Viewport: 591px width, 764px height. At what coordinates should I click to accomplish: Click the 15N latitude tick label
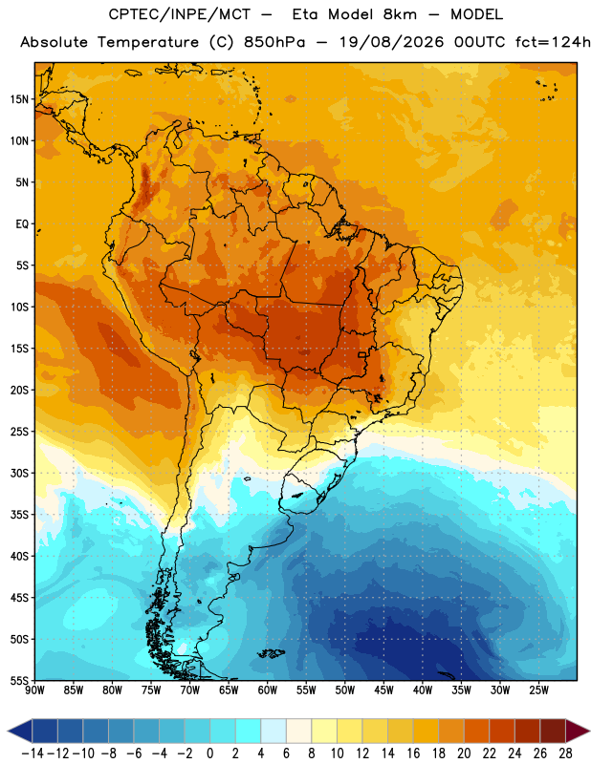coord(19,99)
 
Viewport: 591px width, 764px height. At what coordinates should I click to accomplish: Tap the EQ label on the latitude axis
coord(22,224)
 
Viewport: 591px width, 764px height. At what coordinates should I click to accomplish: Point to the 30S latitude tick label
coord(19,473)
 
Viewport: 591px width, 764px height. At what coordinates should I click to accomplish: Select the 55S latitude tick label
coord(19,681)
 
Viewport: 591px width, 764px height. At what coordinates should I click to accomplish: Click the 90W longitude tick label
coord(34,690)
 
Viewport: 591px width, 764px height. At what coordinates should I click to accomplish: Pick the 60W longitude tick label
coord(268,690)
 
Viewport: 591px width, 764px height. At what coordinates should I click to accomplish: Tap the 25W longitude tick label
coord(538,690)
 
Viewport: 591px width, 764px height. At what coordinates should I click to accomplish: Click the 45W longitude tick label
coord(383,690)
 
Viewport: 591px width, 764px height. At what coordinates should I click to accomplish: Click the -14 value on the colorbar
coord(33,753)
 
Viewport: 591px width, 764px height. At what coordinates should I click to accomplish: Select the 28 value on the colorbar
coord(565,753)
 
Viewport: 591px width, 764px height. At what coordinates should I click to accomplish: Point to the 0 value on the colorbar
coord(210,753)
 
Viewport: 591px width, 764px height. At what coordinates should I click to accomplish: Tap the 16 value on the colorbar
coord(413,753)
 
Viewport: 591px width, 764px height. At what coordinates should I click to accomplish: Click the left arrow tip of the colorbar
coord(8,732)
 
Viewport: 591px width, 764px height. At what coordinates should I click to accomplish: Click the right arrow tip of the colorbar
coord(589,732)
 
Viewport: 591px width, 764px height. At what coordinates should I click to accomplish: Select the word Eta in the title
coord(305,14)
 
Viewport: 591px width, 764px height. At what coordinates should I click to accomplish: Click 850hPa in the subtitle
coord(274,42)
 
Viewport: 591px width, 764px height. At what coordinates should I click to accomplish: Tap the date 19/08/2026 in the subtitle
coord(391,42)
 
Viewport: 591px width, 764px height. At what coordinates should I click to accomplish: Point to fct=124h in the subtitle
coord(553,42)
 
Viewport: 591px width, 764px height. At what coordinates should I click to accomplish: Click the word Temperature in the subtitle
coord(148,42)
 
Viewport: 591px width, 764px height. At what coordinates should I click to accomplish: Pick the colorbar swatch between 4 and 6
coord(274,732)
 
